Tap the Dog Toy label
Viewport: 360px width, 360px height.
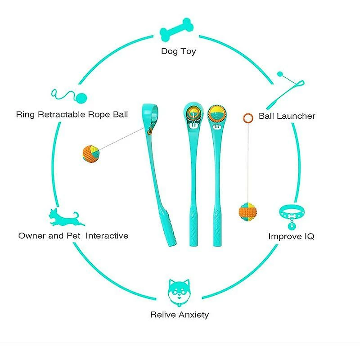pyautogui.click(x=179, y=51)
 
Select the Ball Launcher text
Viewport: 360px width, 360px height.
pyautogui.click(x=287, y=116)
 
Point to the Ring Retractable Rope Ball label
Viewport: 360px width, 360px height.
pyautogui.click(x=72, y=114)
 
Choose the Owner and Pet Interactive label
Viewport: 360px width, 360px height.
pyautogui.click(x=73, y=235)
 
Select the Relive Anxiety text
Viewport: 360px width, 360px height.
pyautogui.click(x=180, y=315)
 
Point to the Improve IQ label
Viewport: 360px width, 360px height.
pyautogui.click(x=291, y=236)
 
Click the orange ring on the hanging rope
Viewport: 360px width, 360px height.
pyautogui.click(x=247, y=118)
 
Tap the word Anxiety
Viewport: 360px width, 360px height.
pyautogui.click(x=194, y=315)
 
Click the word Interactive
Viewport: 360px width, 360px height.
pyautogui.click(x=107, y=235)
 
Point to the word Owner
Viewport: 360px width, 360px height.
pyautogui.click(x=32, y=235)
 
